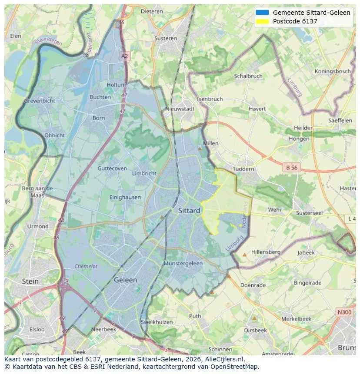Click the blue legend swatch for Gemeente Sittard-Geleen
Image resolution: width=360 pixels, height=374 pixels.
pos(263,13)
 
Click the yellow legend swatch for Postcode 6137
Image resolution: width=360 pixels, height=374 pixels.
pos(263,21)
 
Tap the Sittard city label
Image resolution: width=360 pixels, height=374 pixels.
pos(189,211)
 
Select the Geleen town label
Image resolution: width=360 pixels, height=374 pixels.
pos(125,280)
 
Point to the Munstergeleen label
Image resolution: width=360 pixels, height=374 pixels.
pos(183,264)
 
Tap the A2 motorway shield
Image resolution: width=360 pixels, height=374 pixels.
pos(125,56)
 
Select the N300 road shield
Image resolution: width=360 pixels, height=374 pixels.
pos(344,312)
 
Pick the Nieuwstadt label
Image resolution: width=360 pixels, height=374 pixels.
pos(180,109)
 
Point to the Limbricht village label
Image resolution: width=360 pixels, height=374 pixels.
pos(144,173)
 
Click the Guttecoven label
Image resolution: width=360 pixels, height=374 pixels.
pos(112,169)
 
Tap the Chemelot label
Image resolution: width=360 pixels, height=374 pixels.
pos(86,266)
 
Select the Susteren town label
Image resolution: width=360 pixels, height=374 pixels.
pos(166,38)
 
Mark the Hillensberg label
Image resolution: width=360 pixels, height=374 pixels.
pos(266,252)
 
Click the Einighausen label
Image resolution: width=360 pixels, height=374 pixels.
pos(125,197)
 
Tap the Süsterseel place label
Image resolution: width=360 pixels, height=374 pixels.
pos(309,213)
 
